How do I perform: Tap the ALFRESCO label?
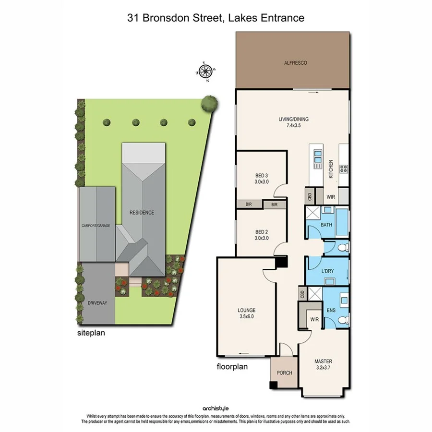pos(292,63)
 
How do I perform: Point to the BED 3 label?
pos(261,179)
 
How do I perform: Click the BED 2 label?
pos(261,235)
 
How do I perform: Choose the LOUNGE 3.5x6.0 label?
pos(246,313)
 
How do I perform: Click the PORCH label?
pos(284,373)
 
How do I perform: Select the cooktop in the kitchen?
pos(344,168)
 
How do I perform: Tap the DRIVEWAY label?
pos(97,303)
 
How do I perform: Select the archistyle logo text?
pos(216,407)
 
